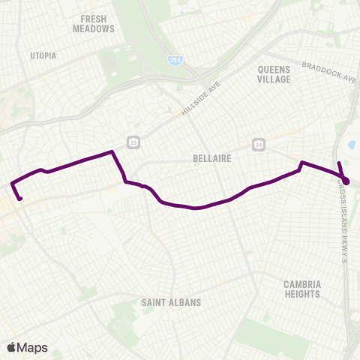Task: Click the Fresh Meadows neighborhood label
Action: [94, 23]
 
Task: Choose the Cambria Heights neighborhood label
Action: [303, 289]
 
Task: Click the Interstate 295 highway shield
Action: [175, 59]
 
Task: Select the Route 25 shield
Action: [133, 142]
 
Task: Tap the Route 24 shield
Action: [259, 143]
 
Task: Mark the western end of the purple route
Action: [20, 199]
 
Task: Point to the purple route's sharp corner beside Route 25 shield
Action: [112, 152]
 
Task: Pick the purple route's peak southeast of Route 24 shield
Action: [301, 162]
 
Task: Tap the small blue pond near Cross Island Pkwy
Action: [352, 146]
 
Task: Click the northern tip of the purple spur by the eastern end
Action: [339, 163]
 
